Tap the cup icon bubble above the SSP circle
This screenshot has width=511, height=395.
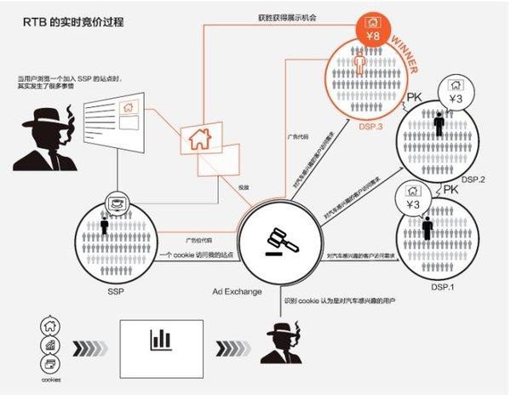click(115, 204)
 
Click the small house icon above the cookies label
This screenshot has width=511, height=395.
click(49, 324)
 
